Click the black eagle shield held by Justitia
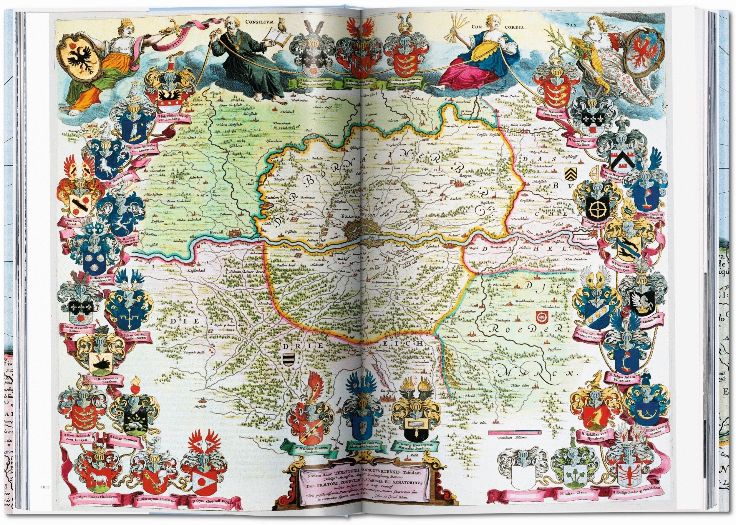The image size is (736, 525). pyautogui.click(x=79, y=62)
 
